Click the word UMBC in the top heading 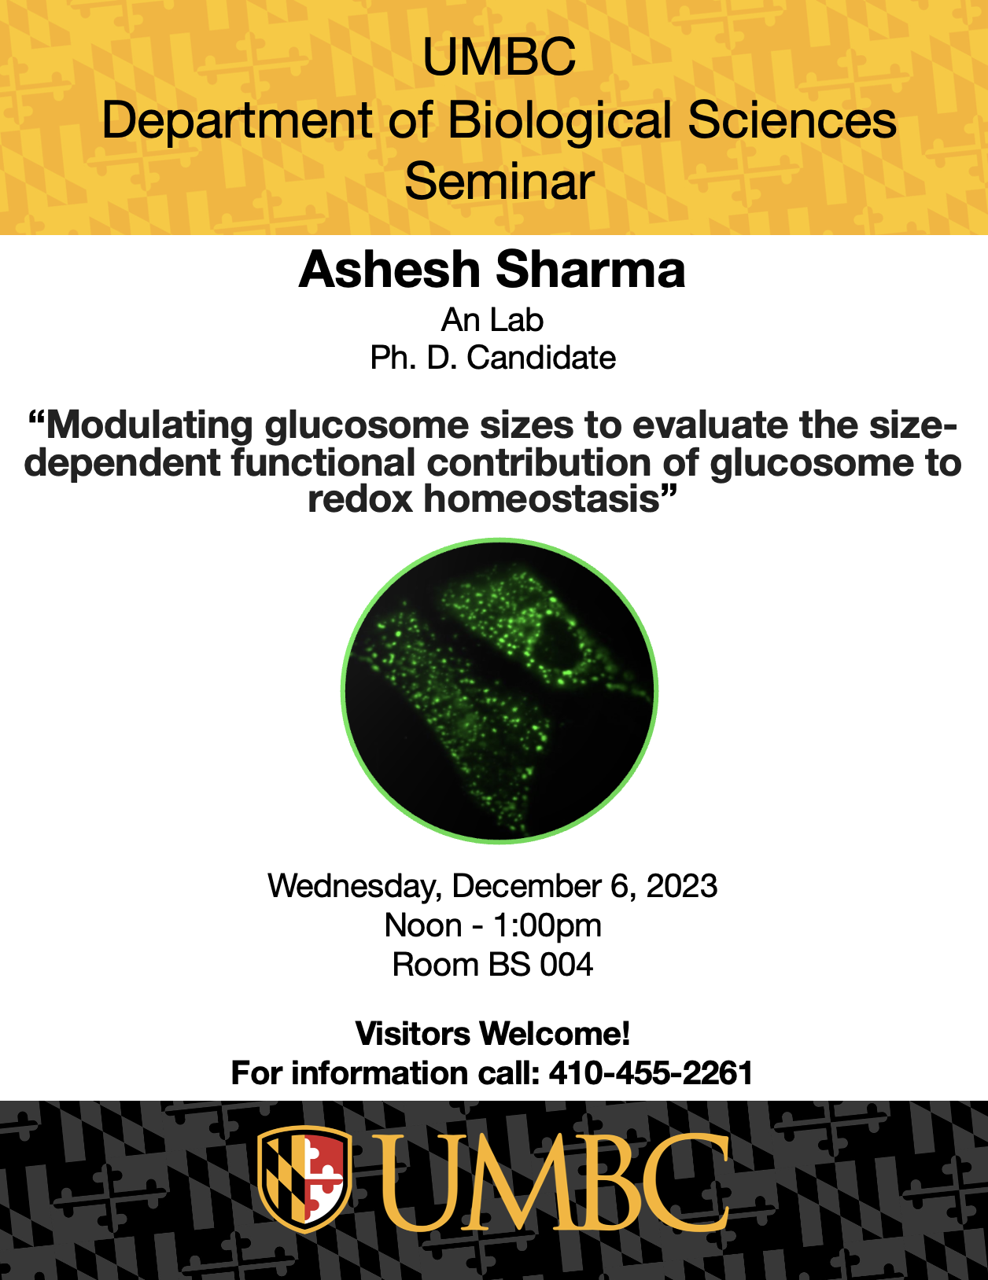(499, 57)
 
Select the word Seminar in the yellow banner (499, 182)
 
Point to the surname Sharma (590, 270)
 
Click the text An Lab (492, 321)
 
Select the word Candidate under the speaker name (541, 358)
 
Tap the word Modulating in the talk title (149, 426)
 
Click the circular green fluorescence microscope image (500, 690)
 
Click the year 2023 (682, 885)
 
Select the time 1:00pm (547, 925)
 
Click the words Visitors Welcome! (492, 1033)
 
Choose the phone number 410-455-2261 (651, 1072)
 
